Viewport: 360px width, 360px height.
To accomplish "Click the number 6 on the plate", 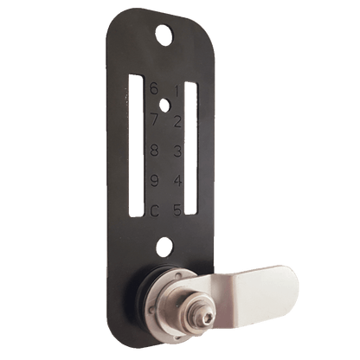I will (154, 87).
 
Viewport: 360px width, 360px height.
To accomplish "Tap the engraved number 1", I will (177, 91).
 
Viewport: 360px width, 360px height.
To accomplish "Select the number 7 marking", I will (153, 119).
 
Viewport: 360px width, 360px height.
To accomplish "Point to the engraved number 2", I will (177, 121).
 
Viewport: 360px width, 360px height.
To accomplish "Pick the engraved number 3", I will (177, 151).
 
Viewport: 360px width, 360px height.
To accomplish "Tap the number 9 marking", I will (153, 180).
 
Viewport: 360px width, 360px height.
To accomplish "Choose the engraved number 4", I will (177, 182).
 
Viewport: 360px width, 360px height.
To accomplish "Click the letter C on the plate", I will (153, 210).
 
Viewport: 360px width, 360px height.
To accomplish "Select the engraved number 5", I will (177, 210).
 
